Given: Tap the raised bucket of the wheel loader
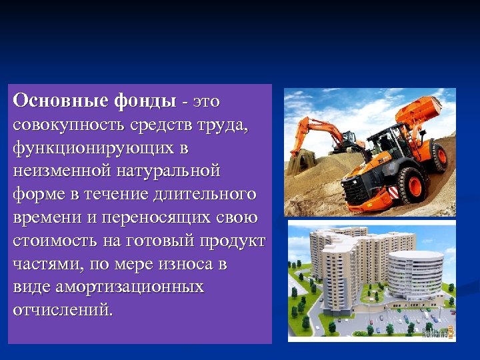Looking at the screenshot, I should [420, 109].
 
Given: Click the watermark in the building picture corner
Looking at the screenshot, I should [437, 331].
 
